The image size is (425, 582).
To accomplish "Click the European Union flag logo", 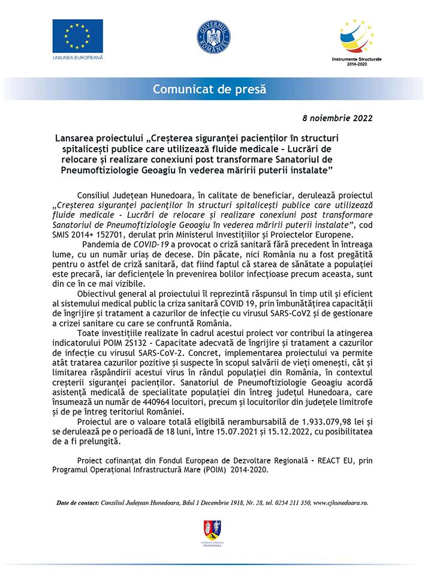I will pyautogui.click(x=78, y=35).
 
